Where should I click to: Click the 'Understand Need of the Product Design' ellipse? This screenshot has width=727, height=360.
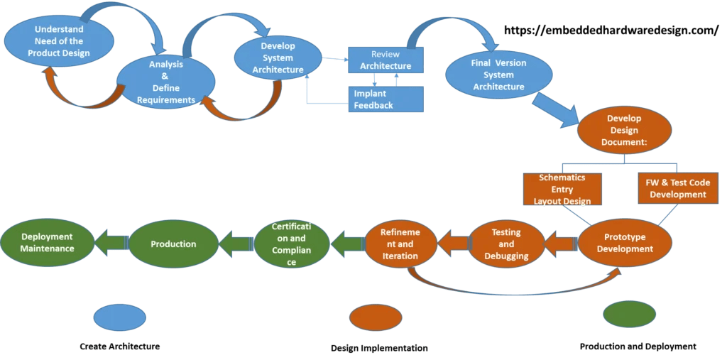click(58, 41)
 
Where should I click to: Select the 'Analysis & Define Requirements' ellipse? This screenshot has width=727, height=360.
click(166, 82)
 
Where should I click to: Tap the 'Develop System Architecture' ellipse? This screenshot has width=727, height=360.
click(278, 59)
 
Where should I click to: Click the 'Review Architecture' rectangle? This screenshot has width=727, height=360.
click(385, 60)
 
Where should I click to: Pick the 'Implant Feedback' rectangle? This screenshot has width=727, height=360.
click(385, 99)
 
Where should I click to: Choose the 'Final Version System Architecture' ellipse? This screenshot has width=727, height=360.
click(498, 75)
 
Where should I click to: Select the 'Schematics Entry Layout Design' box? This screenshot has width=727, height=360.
click(562, 190)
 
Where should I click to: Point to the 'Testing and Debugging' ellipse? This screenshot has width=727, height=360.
click(507, 244)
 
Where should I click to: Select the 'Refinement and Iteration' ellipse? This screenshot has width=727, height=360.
click(400, 244)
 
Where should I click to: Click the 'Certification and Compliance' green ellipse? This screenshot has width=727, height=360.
click(291, 244)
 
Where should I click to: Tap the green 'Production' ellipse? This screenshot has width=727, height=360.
click(173, 244)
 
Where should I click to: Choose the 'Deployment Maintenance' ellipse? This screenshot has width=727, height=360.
click(47, 243)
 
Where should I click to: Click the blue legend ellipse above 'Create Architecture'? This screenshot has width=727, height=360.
click(119, 317)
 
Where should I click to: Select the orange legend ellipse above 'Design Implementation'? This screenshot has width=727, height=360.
click(376, 317)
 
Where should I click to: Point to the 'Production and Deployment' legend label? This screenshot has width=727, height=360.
click(638, 347)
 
